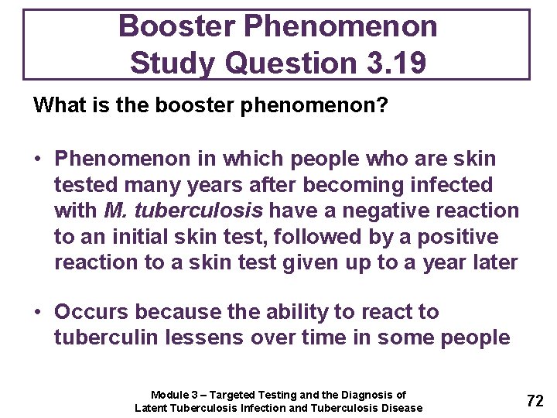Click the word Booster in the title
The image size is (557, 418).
click(176, 27)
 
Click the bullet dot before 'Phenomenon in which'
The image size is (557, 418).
click(37, 159)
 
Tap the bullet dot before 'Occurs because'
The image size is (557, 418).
click(37, 313)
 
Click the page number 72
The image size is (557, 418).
click(535, 400)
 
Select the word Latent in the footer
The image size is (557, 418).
click(152, 408)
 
